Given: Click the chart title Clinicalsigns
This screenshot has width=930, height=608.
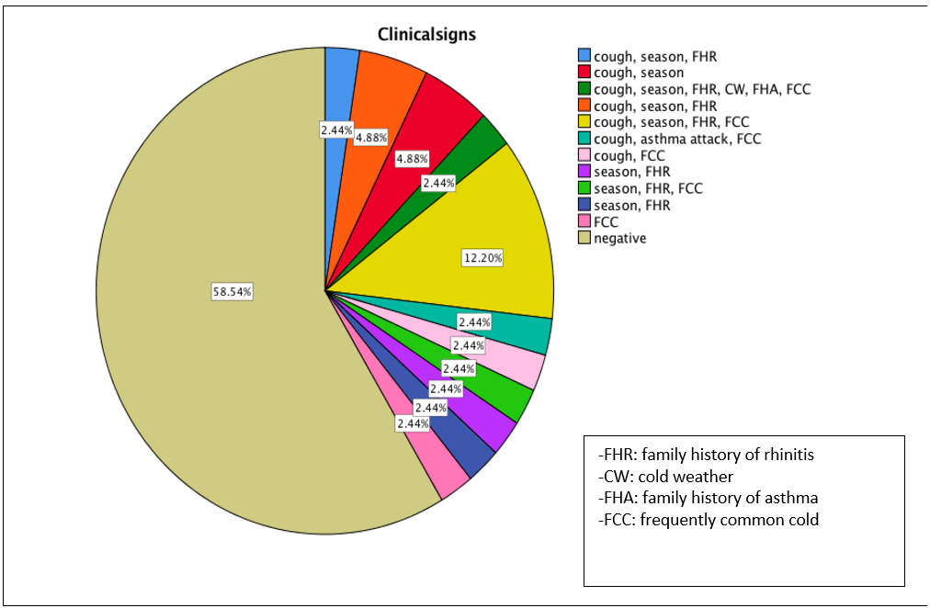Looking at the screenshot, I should (425, 34).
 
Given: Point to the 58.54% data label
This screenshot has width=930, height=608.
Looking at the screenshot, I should (232, 291).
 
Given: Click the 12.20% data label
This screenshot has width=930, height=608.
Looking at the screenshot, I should (482, 258).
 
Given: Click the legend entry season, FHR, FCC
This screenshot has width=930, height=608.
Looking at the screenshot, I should (648, 189).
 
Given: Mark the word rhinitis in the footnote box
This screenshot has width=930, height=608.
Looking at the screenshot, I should (787, 454).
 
